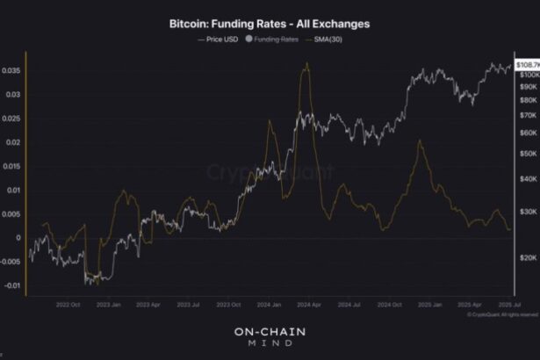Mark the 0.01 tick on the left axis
click(11, 190)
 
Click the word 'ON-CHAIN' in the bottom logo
click(270, 332)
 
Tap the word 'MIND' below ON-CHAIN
click(270, 346)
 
